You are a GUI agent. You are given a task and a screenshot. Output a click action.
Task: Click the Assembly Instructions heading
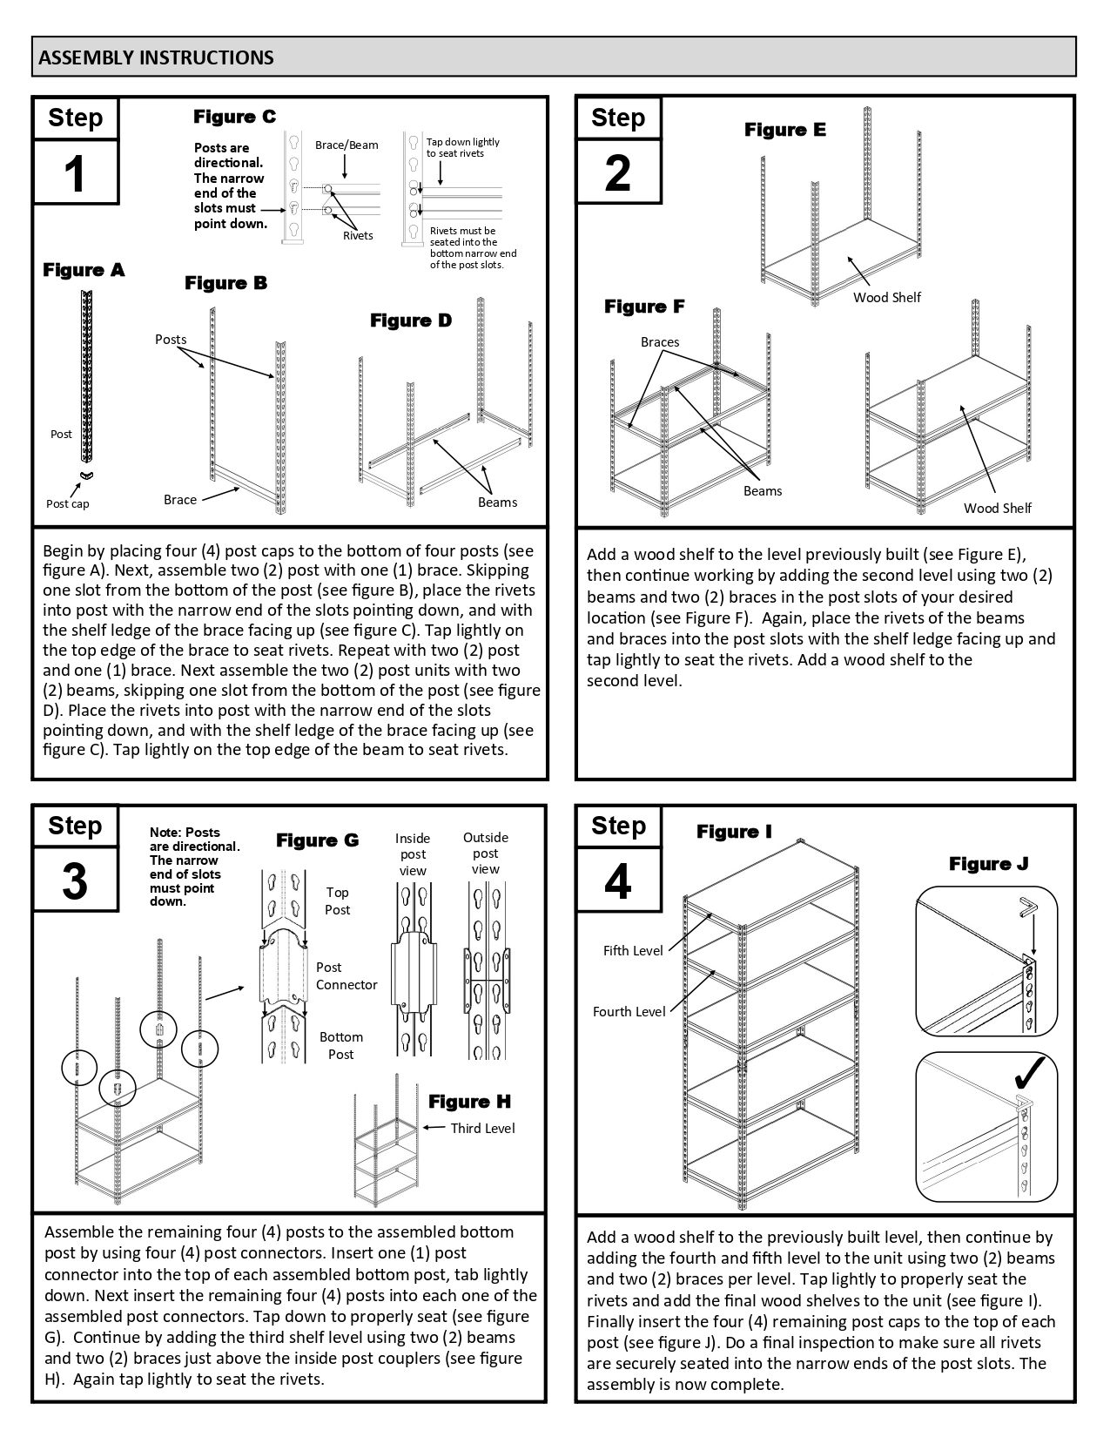click(x=157, y=57)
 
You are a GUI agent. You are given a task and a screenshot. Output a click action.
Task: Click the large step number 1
click(x=76, y=172)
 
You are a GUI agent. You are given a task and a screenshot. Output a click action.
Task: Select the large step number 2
click(x=618, y=172)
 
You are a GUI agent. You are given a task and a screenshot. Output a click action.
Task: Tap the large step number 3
click(x=76, y=881)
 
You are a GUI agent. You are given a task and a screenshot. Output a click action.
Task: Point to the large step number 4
click(x=618, y=881)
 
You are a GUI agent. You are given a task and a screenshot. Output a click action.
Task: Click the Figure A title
click(x=84, y=270)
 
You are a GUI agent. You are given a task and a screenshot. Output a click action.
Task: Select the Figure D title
click(x=411, y=320)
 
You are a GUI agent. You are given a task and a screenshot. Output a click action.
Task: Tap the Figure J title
click(x=988, y=864)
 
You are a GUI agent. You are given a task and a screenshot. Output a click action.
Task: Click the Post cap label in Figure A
click(x=67, y=503)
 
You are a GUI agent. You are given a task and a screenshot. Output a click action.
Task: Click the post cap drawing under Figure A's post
click(x=85, y=475)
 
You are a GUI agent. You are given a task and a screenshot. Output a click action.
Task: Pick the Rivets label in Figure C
click(x=358, y=235)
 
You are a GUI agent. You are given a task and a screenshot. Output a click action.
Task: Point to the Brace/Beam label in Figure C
click(x=346, y=145)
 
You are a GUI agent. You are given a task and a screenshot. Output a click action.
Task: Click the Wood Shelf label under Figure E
click(x=886, y=297)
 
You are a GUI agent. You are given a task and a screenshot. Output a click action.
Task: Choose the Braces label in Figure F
click(x=660, y=342)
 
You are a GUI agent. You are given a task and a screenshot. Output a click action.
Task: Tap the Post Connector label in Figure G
click(x=346, y=975)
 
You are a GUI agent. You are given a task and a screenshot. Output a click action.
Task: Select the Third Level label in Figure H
click(x=482, y=1128)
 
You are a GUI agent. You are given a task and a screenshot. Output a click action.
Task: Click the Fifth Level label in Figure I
click(x=633, y=951)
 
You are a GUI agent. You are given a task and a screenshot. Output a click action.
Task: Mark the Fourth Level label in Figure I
click(x=629, y=1011)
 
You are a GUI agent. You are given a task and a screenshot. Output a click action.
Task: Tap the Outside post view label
click(x=486, y=853)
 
